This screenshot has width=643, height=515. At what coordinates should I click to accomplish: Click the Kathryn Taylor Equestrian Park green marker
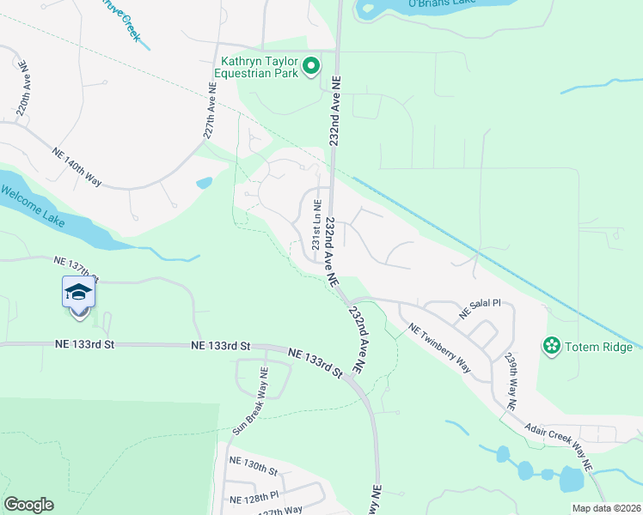click(x=310, y=65)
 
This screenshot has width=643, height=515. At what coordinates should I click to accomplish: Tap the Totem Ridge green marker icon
click(x=549, y=346)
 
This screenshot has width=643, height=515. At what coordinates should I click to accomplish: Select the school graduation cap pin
click(x=78, y=293)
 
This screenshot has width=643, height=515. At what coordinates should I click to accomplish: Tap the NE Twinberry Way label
click(x=440, y=348)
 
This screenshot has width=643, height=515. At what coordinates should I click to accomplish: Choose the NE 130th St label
click(x=254, y=471)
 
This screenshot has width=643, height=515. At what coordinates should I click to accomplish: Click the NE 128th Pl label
click(x=254, y=497)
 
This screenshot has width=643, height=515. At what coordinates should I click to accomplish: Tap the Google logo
click(x=28, y=505)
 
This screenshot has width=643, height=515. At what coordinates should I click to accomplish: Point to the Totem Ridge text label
click(x=598, y=347)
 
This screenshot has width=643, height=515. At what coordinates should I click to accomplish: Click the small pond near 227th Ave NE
click(x=204, y=183)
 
